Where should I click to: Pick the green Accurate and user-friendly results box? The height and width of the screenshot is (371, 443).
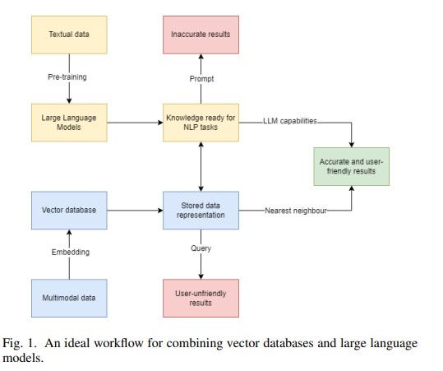pos(351,166)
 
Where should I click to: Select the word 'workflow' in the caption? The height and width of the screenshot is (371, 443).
pos(141,342)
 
